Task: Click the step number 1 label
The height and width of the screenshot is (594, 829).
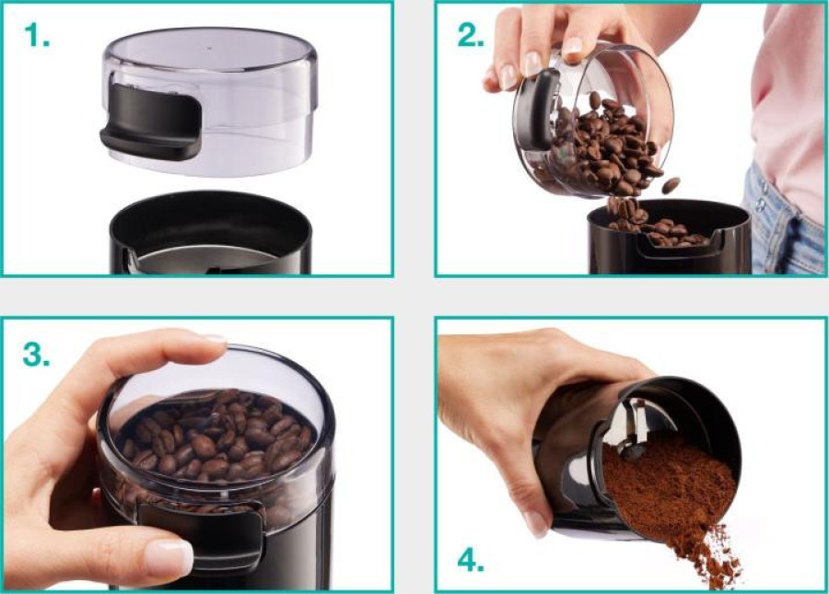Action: click(37, 35)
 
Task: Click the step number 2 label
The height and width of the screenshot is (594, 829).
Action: click(471, 35)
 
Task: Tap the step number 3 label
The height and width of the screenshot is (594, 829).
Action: click(37, 354)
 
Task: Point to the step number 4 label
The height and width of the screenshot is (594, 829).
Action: click(471, 560)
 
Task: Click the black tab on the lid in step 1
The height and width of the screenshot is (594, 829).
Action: click(151, 122)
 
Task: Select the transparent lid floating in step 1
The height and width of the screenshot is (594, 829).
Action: click(210, 101)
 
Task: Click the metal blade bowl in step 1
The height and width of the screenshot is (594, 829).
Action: click(206, 260)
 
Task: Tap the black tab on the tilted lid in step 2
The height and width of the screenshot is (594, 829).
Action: click(536, 110)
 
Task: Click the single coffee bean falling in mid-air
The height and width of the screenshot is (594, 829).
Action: click(671, 185)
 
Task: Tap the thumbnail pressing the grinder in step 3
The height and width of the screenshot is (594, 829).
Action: click(169, 558)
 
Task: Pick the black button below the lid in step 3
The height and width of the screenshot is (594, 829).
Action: click(200, 535)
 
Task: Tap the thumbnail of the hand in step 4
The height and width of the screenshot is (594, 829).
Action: click(536, 523)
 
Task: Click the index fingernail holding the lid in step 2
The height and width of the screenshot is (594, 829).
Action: click(572, 47)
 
